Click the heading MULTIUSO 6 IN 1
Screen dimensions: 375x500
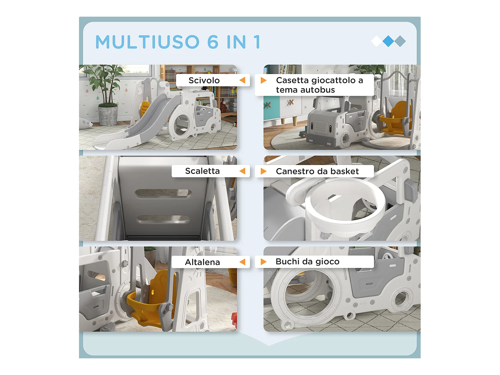[178, 42]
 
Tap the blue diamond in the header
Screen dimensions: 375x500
[388, 41]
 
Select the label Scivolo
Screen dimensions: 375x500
[204, 80]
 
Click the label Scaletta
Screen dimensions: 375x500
[202, 171]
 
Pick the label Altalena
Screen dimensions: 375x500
[202, 262]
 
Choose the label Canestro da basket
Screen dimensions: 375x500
[317, 171]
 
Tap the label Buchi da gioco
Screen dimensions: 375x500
[307, 262]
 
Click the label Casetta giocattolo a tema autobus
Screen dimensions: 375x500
[319, 85]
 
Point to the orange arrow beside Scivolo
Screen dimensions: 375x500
[243, 80]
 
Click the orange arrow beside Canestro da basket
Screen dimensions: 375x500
[263, 171]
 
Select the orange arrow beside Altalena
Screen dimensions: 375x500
[243, 262]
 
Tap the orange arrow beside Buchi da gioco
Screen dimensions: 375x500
[263, 262]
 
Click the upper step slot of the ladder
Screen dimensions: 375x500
[163, 193]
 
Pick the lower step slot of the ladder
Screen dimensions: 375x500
[163, 219]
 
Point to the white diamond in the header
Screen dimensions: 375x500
[377, 41]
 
